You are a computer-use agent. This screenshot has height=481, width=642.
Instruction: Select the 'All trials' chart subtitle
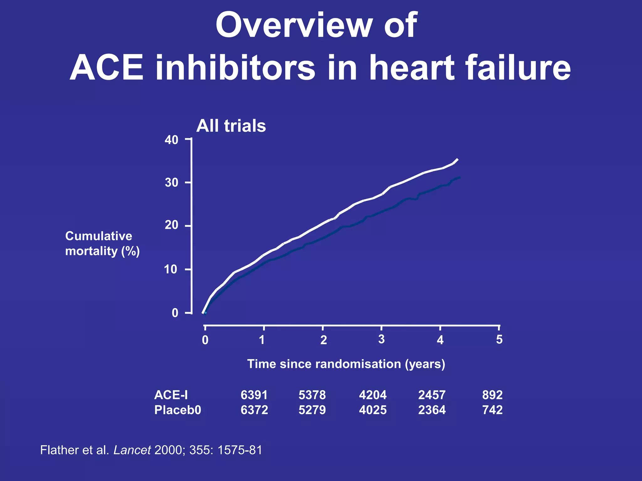[x=231, y=126]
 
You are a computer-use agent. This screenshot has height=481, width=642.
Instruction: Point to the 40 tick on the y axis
[x=172, y=140]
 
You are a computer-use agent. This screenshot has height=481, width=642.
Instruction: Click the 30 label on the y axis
[x=172, y=182]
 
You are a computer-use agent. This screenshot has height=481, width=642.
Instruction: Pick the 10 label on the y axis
[x=171, y=269]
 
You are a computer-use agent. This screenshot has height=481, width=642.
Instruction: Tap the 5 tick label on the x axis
[x=499, y=339]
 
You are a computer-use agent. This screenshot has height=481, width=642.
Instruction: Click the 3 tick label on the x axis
[x=381, y=339]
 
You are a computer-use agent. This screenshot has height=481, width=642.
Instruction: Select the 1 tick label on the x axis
[x=262, y=340]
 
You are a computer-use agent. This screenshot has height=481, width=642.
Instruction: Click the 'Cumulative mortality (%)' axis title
[x=102, y=244]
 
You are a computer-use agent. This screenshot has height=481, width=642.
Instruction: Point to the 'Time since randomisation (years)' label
[x=346, y=364]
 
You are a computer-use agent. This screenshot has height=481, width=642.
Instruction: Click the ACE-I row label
[x=171, y=395]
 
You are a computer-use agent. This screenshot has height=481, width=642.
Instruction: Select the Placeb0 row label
[x=177, y=410]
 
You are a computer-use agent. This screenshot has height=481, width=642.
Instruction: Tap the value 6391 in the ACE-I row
[x=254, y=395]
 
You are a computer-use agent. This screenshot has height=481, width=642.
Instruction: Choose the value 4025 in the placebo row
[x=373, y=410]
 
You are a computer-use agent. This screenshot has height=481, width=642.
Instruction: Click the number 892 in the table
[x=492, y=395]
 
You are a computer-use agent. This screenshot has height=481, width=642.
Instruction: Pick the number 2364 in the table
[x=432, y=410]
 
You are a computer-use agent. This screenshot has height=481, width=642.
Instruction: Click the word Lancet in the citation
[x=132, y=450]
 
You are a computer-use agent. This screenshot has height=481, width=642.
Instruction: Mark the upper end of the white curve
[x=458, y=159]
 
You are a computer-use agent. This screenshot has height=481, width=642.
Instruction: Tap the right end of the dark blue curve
[x=460, y=178]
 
